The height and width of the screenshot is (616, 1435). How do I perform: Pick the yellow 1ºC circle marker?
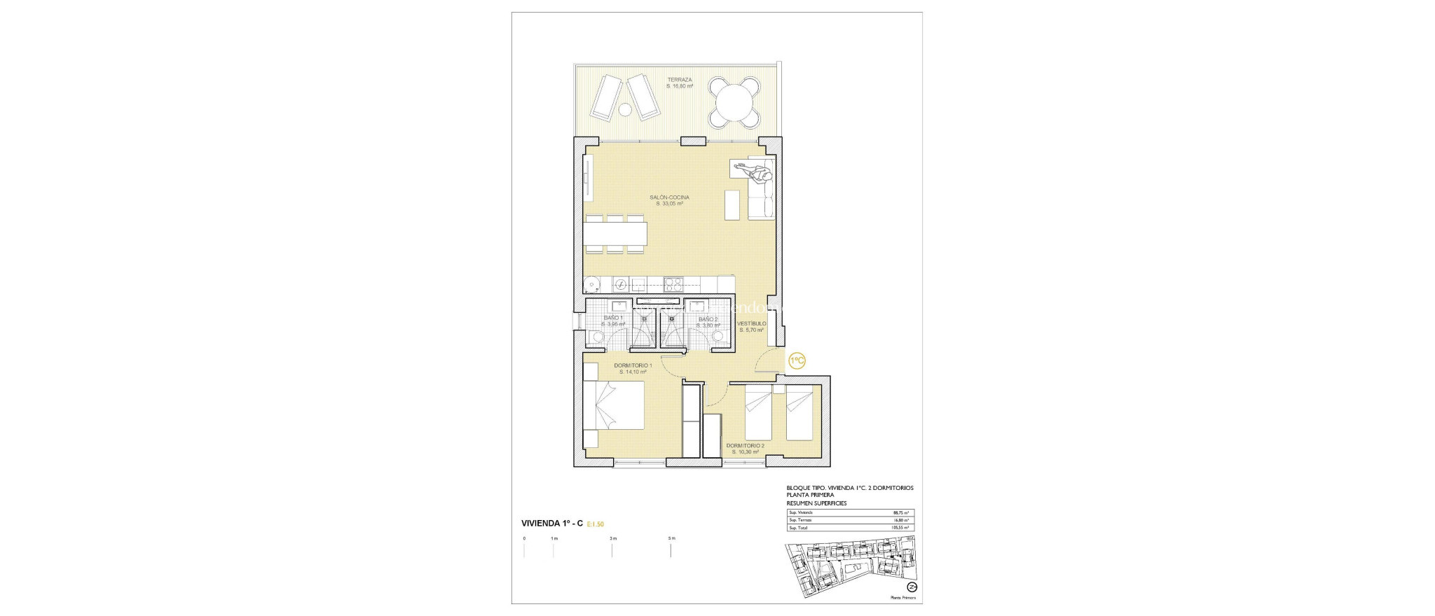click(x=797, y=360)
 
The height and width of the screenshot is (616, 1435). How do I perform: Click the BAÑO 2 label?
click(x=708, y=319)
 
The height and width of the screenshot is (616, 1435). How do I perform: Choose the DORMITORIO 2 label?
click(x=745, y=445)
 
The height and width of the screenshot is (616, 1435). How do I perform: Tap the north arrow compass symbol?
click(x=912, y=587)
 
